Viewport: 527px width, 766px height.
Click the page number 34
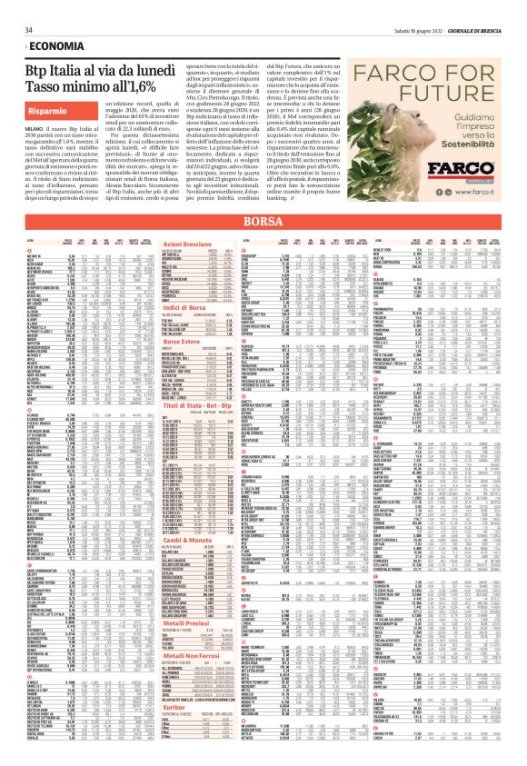[x=15, y=7]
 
